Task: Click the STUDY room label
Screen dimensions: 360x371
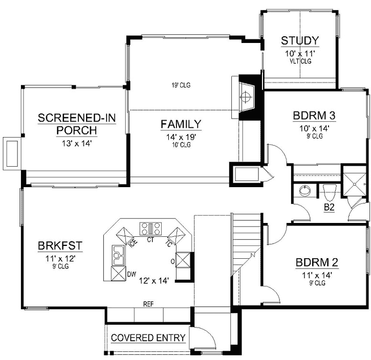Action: point(300,40)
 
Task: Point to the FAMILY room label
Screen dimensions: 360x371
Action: point(181,124)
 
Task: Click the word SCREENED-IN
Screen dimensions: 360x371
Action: point(77,119)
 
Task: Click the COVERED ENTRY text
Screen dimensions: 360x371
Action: point(148,338)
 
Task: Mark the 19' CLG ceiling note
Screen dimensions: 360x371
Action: point(181,85)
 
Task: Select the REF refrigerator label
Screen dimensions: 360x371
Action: point(148,304)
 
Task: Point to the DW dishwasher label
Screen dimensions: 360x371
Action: point(132,275)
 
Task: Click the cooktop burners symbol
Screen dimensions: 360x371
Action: point(151,227)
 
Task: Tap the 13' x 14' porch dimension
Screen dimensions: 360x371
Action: point(77,144)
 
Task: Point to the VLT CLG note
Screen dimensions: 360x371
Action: point(300,61)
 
